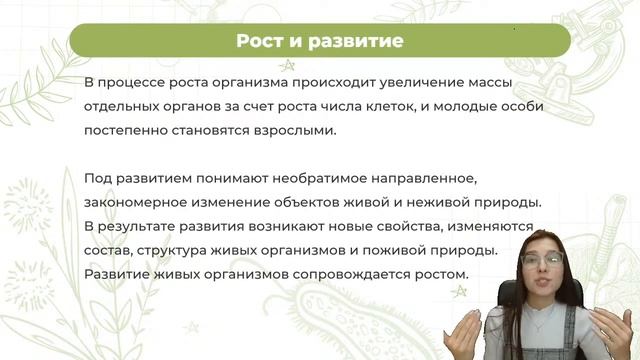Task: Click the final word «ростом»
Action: pos(432,274)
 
